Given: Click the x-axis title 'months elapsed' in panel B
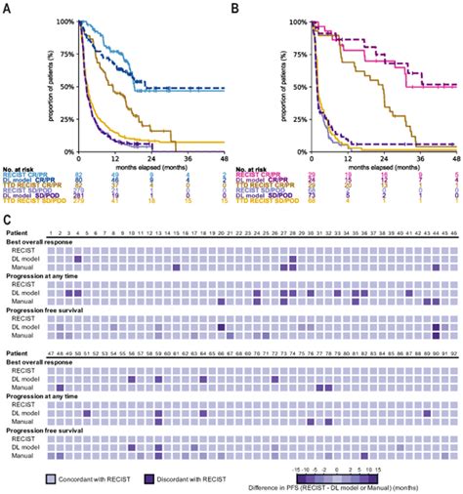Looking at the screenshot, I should (x=383, y=167).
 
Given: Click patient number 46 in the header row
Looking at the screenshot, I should (x=451, y=235).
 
